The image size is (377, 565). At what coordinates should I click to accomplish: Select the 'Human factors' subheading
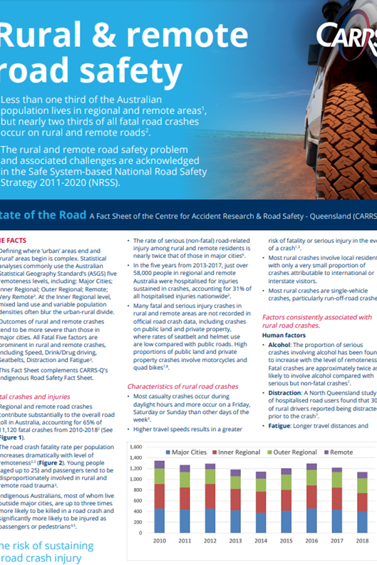(x=284, y=335)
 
